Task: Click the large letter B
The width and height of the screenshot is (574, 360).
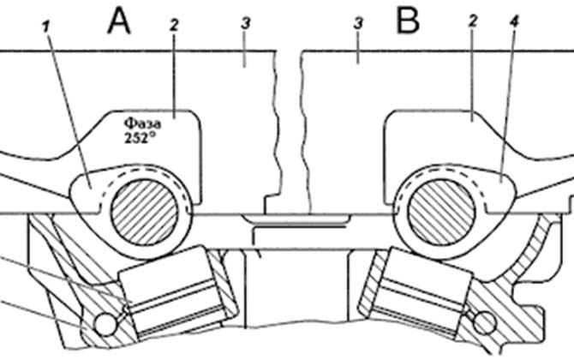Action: (x=409, y=20)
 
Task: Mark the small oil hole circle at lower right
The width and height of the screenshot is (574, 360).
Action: (x=484, y=323)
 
